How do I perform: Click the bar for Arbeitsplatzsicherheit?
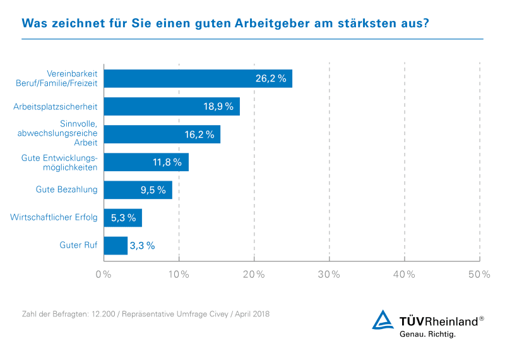[x=171, y=106]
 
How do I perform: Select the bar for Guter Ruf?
[x=116, y=246]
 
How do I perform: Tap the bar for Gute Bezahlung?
[x=138, y=190]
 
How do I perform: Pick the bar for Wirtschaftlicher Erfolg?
[x=122, y=218]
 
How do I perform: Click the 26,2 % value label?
[x=271, y=79]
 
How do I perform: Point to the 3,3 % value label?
[x=142, y=246]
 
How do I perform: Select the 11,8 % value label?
[x=167, y=162]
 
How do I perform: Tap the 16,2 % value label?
[x=199, y=135]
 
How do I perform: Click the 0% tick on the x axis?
[x=103, y=275]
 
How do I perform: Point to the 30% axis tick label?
[x=329, y=275]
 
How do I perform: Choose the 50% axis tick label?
[x=479, y=275]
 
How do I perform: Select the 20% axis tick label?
[x=254, y=275]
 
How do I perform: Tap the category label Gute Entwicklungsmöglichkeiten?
[x=62, y=162]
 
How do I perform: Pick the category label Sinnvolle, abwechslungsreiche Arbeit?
[x=65, y=134]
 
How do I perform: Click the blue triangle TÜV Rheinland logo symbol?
[x=383, y=320]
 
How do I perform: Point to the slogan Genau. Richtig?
[x=427, y=334]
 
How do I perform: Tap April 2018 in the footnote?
[x=251, y=313]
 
